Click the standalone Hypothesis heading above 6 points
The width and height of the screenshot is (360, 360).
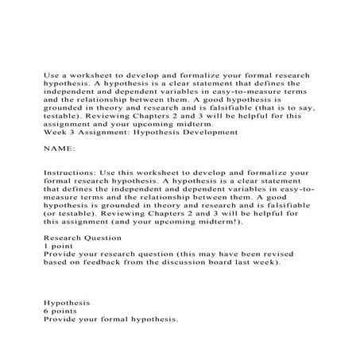click(67, 302)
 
